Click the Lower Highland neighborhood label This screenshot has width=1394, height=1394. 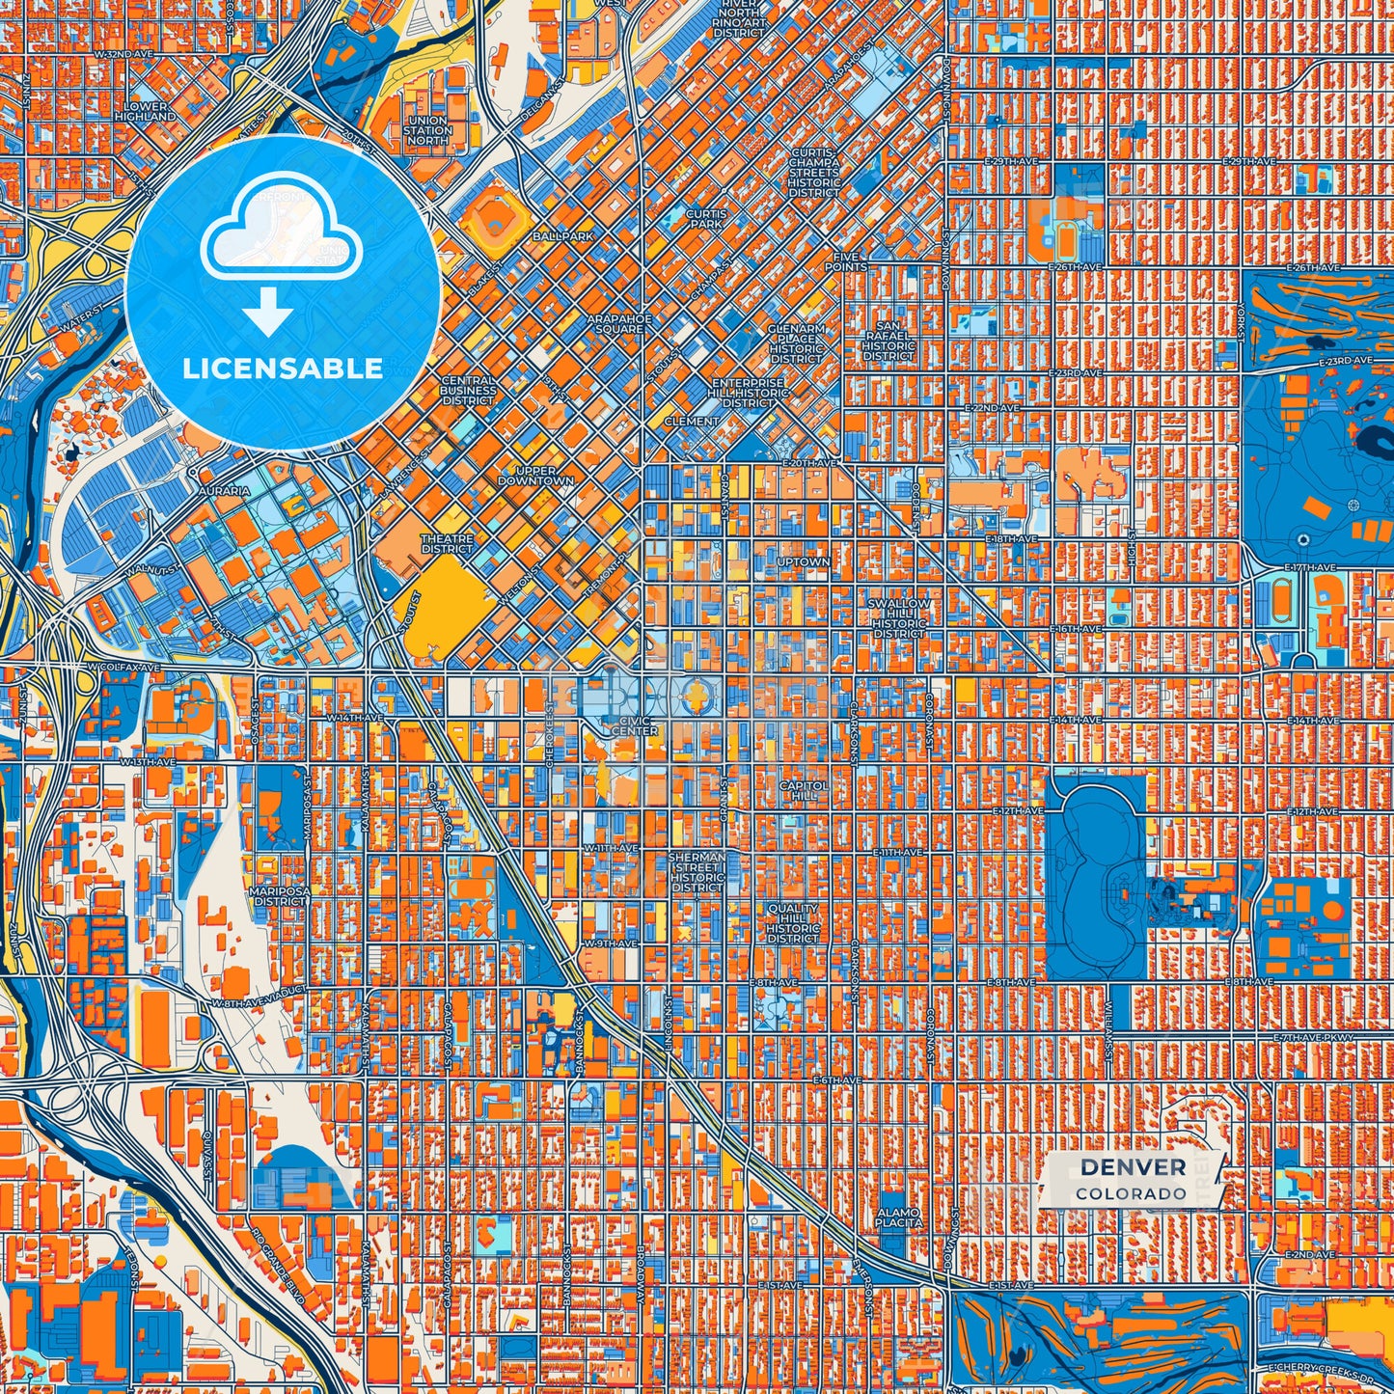click(x=146, y=111)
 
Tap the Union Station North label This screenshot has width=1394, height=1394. click(x=427, y=130)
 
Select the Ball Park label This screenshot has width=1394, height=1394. click(x=562, y=235)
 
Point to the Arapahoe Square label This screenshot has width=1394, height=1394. click(x=619, y=323)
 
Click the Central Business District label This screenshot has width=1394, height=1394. click(x=468, y=390)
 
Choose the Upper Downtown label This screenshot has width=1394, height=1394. click(x=536, y=476)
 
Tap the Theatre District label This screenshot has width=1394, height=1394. click(x=447, y=544)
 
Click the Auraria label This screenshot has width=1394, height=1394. click(x=224, y=491)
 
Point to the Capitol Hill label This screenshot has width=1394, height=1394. click(x=804, y=791)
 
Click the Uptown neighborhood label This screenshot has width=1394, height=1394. click(x=803, y=561)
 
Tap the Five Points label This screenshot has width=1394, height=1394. click(x=845, y=261)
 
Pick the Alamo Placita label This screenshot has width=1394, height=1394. click(x=899, y=1217)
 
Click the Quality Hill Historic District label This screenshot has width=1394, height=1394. click(x=793, y=923)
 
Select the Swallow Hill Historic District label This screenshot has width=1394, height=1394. click(x=899, y=618)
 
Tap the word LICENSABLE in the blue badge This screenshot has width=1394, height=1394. click(x=283, y=369)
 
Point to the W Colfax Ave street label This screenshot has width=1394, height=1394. click(x=123, y=667)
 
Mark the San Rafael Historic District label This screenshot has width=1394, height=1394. click(x=888, y=341)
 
